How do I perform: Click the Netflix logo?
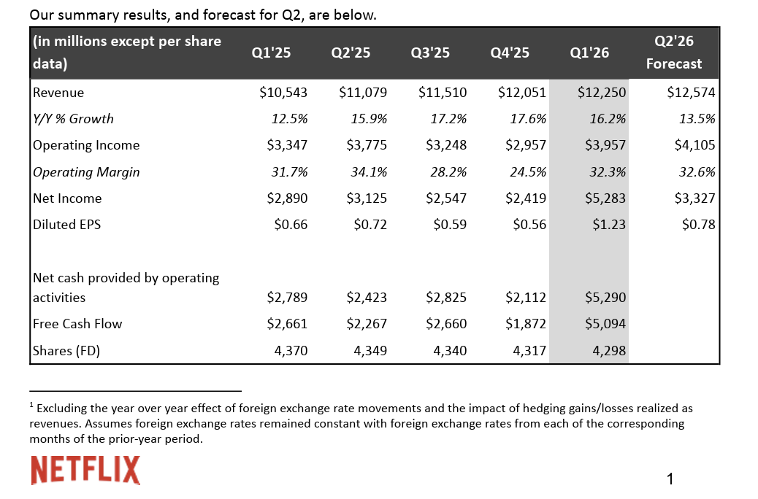pyautogui.click(x=85, y=469)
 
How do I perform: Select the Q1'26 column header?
pyautogui.click(x=589, y=53)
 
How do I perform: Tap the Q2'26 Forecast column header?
pyautogui.click(x=673, y=53)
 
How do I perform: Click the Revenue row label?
pyautogui.click(x=58, y=93)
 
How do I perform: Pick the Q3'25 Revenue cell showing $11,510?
pyautogui.click(x=443, y=93)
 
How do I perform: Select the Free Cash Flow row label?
pyautogui.click(x=77, y=324)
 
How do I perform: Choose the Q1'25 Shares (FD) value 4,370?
pyautogui.click(x=290, y=351)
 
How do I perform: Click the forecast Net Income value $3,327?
pyautogui.click(x=691, y=198)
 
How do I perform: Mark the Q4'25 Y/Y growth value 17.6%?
pyautogui.click(x=529, y=119)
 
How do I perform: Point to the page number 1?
pyautogui.click(x=670, y=479)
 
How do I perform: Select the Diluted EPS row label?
pyautogui.click(x=66, y=225)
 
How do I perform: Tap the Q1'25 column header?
pyautogui.click(x=271, y=53)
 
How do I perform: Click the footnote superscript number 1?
pyautogui.click(x=32, y=405)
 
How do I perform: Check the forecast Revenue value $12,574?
pyautogui.click(x=691, y=93)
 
